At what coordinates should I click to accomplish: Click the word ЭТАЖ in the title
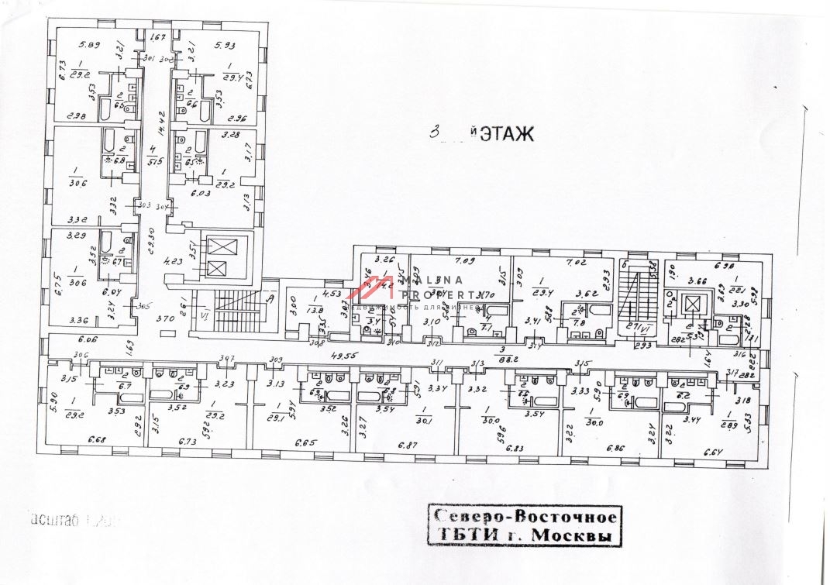coord(507,135)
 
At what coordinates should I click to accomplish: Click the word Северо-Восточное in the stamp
coord(525,517)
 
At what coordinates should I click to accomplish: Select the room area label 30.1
coord(422,422)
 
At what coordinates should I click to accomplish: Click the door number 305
coord(142,307)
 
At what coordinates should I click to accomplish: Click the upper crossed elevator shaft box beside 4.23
coord(217,247)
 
